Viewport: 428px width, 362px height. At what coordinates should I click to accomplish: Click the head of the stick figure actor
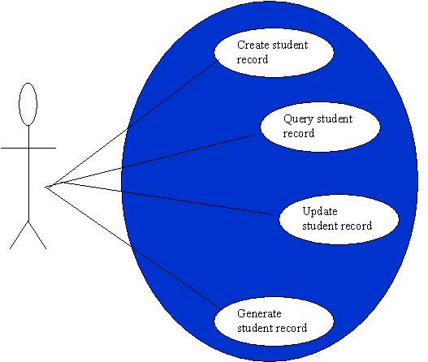coord(28,104)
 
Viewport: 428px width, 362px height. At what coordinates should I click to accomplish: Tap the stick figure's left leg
coord(19,235)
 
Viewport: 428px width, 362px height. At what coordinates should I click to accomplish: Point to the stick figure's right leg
coord(37,235)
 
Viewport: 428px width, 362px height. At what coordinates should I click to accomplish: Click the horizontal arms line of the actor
coord(28,149)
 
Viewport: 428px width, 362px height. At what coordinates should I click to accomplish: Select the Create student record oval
coord(274,53)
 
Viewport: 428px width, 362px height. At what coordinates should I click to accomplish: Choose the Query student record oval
coord(320,127)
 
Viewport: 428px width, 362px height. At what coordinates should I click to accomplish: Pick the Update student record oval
coord(339,219)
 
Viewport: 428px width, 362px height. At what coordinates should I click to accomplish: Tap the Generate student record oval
coord(274,321)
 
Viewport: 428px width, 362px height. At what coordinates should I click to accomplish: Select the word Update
coord(320,212)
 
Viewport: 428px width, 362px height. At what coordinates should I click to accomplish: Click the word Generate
coord(259,313)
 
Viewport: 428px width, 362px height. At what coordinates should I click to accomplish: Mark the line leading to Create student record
coord(132,124)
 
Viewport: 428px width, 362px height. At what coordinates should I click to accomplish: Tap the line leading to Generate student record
coord(134,248)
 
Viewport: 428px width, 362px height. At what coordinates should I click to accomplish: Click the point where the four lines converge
coord(45,187)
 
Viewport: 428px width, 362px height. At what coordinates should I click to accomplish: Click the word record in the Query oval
coord(298,134)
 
